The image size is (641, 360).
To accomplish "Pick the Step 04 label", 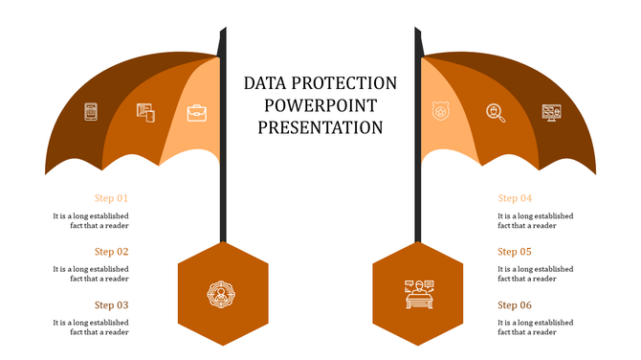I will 515,198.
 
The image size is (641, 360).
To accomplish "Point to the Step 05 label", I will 515,252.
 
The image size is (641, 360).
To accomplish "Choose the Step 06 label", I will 515,305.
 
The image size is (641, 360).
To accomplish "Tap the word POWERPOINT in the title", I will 320,104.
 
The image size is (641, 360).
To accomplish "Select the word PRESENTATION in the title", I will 320,126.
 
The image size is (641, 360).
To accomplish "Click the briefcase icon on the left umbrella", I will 197,113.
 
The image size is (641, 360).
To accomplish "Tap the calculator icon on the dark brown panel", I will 91,112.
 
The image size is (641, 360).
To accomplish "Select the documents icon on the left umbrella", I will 145,113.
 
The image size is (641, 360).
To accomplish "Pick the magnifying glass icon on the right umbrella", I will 495,113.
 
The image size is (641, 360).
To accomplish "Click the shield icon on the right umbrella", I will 441,112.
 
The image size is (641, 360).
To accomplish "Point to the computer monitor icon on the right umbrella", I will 551,113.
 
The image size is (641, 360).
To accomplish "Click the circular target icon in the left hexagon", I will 222,294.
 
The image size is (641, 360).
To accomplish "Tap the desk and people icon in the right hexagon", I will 418,294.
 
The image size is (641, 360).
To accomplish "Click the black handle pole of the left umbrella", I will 223,191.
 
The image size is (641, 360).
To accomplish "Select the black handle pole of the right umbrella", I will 418,191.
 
